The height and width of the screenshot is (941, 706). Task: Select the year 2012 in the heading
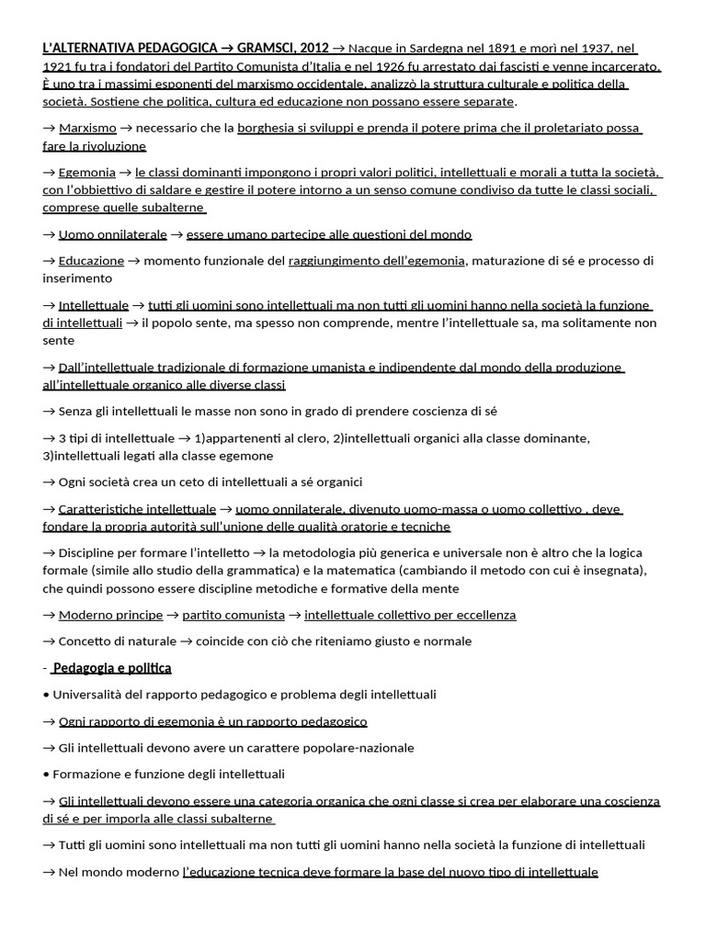[312, 48]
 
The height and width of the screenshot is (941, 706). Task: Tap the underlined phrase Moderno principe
[110, 615]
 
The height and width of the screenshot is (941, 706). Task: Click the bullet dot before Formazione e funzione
[46, 774]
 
